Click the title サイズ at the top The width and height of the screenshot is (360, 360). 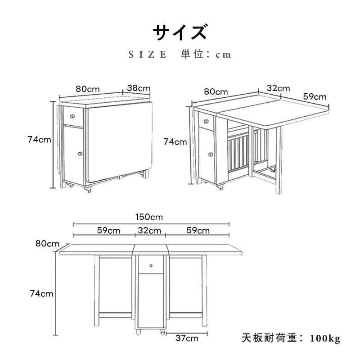point(180,33)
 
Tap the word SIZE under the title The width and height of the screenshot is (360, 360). point(148,55)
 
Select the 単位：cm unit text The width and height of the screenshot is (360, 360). point(206,55)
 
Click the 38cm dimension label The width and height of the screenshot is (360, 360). point(138,88)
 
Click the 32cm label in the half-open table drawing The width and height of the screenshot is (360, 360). point(278,88)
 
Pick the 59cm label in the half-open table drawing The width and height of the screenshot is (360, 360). point(315,96)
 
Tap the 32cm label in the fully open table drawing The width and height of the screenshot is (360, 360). point(149,231)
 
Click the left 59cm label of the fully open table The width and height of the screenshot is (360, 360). point(108,231)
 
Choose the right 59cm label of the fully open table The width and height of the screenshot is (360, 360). point(198,231)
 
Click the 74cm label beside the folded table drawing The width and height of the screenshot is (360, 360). point(39,140)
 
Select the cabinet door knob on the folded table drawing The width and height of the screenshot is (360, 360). point(80,154)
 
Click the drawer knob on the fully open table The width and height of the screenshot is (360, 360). point(151,264)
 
